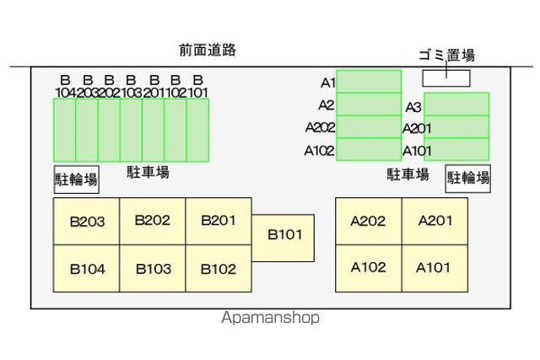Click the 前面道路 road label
(208, 51)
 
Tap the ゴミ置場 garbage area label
(446, 55)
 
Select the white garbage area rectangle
(446, 78)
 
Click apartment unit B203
(86, 221)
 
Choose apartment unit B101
(283, 238)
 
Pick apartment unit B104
(86, 268)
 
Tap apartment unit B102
(219, 268)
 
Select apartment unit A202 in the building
(369, 221)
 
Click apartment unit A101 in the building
(435, 268)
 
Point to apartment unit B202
(153, 221)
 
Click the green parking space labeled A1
(369, 81)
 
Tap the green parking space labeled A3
(456, 104)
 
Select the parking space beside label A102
(369, 149)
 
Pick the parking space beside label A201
(456, 127)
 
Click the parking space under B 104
(64, 130)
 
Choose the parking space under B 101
(197, 130)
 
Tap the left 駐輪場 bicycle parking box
(77, 180)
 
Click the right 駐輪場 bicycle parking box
(468, 178)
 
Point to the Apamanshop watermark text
(270, 318)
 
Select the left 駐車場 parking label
(148, 172)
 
